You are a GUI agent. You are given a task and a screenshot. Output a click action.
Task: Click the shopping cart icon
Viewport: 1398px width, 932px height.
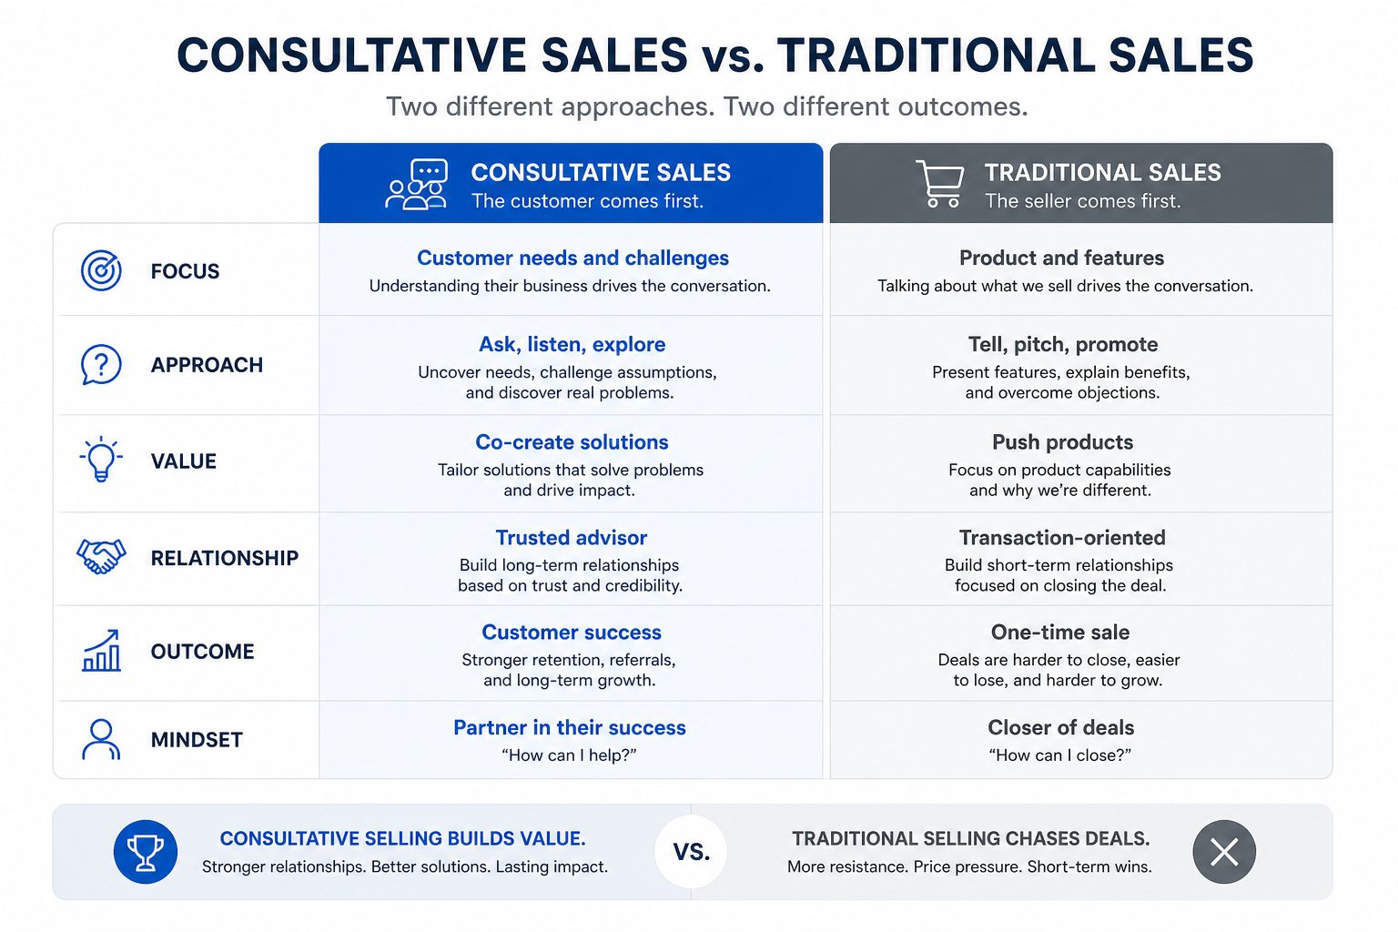[940, 184]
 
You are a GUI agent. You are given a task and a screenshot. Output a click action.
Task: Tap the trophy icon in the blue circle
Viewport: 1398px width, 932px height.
[146, 852]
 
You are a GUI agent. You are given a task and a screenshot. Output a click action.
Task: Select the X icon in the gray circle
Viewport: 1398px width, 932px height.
[1224, 852]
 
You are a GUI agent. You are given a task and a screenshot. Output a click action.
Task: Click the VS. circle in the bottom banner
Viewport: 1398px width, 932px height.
[691, 852]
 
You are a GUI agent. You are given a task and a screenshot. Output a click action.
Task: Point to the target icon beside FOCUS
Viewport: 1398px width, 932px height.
[101, 270]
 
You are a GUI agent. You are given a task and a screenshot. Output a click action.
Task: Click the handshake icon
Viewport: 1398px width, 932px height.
[101, 556]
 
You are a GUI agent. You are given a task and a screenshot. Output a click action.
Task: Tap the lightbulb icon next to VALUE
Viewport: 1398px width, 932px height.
[101, 460]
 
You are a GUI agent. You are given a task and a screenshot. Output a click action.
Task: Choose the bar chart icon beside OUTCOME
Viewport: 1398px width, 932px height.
[102, 651]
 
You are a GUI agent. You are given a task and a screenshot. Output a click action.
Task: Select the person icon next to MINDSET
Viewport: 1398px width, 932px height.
[101, 739]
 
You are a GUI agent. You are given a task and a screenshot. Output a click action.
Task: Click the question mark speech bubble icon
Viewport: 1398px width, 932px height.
[101, 365]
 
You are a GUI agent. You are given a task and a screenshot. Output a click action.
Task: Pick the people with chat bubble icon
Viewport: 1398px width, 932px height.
[417, 184]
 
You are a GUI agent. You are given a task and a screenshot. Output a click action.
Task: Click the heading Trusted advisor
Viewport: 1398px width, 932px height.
[571, 538]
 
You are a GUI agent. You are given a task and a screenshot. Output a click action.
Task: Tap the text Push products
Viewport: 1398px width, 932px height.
[1062, 442]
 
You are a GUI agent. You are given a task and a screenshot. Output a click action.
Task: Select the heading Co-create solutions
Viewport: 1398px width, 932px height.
[572, 442]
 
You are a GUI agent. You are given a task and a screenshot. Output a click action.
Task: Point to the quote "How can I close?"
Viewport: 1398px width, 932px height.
[1060, 755]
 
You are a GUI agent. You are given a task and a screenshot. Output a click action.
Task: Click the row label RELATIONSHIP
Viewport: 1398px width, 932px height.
[225, 557]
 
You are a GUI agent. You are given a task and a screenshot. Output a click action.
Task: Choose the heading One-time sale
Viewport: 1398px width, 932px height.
[1060, 633]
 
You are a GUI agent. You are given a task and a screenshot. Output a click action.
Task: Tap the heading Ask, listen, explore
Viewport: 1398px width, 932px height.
[572, 345]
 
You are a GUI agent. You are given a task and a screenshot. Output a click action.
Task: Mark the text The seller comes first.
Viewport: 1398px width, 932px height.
[1083, 201]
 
